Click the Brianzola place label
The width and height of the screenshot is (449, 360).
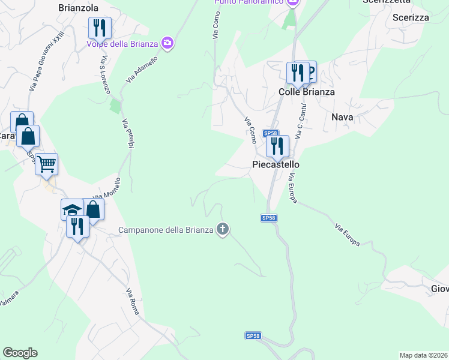[x=78, y=8]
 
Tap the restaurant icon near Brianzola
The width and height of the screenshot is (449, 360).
[x=100, y=28]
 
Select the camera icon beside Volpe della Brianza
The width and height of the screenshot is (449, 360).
[x=167, y=43]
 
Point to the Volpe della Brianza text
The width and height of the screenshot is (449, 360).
[x=130, y=43]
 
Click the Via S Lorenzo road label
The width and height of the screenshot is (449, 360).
[x=106, y=75]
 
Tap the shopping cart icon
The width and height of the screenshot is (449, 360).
[x=46, y=164]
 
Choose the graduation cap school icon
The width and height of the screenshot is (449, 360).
[x=72, y=210]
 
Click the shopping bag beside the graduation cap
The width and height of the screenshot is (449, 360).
[x=93, y=209]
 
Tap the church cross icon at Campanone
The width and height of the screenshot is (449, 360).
[x=223, y=229]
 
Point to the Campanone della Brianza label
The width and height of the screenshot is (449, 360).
[x=166, y=229]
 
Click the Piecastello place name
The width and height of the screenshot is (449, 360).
[x=276, y=164]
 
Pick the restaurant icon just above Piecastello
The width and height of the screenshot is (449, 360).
[x=277, y=146]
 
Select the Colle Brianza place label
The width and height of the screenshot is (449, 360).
[x=307, y=92]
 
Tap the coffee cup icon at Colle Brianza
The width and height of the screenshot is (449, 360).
[x=310, y=73]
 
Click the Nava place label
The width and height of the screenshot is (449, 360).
[x=342, y=118]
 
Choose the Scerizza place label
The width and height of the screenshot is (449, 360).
[x=411, y=17]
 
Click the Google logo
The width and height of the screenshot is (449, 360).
[x=20, y=353]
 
